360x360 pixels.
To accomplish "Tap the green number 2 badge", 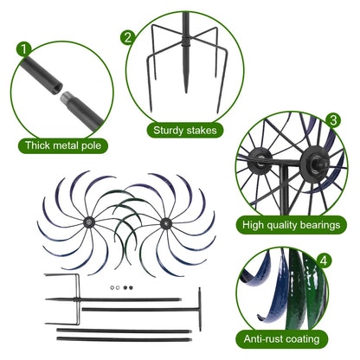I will tap(127, 37).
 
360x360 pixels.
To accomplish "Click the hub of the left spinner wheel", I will tap(90, 222).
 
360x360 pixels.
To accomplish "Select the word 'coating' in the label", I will tap(310, 339).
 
